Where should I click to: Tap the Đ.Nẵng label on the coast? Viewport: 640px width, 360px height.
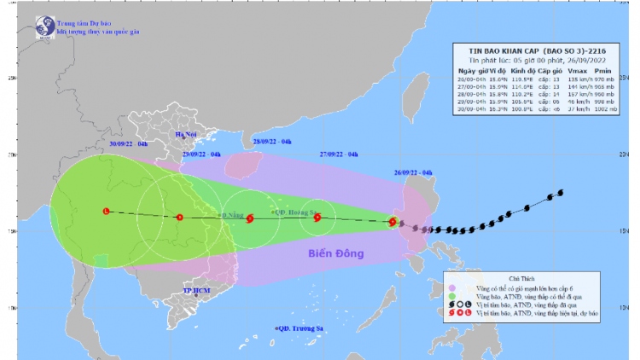pyautogui.click(x=232, y=215)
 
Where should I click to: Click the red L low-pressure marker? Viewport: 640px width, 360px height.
pyautogui.click(x=106, y=211)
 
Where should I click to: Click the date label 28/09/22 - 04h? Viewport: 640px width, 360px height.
pyautogui.click(x=274, y=141)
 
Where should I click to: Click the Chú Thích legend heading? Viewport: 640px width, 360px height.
pyautogui.click(x=538, y=277)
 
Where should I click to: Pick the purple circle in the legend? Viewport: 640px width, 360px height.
pyautogui.click(x=453, y=288)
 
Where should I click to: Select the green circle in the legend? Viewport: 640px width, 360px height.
pyautogui.click(x=453, y=298)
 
